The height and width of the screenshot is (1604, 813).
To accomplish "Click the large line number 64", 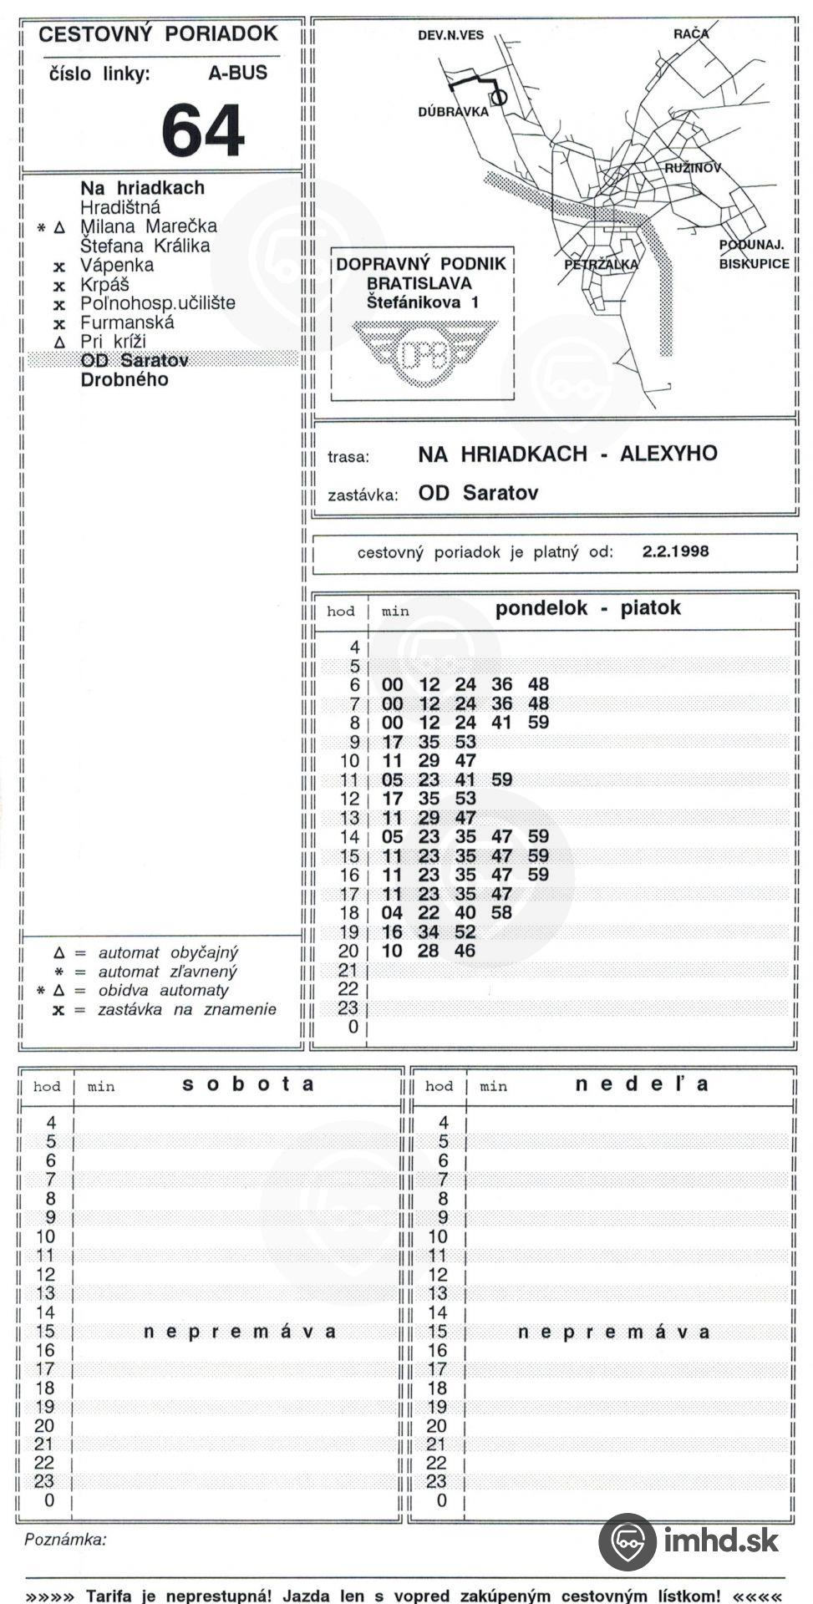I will pyautogui.click(x=202, y=130).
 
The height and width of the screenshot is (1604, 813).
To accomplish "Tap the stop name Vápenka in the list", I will pyautogui.click(x=116, y=265).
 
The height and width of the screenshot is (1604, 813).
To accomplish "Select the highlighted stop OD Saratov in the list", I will pyautogui.click(x=134, y=360).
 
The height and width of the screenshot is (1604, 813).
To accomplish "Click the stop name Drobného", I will pyautogui.click(x=124, y=379).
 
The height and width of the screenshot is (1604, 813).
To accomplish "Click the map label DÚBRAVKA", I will pyautogui.click(x=453, y=111).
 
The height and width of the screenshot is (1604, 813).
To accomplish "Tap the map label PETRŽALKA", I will pyautogui.click(x=600, y=264).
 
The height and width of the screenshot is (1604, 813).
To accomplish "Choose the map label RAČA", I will pyautogui.click(x=691, y=33).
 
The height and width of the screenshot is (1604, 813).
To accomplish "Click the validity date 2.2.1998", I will pyautogui.click(x=675, y=551).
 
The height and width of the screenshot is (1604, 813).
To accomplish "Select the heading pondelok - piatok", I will pyautogui.click(x=587, y=608).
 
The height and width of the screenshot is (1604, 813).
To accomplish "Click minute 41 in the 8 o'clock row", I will pyautogui.click(x=501, y=723).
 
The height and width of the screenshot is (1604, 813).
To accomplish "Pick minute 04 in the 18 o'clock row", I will pyautogui.click(x=392, y=913).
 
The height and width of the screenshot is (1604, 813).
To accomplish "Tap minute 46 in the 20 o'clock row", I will pyautogui.click(x=465, y=951).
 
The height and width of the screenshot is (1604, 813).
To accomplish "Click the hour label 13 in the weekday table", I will pyautogui.click(x=348, y=818).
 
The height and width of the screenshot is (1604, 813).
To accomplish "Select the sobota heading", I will pyautogui.click(x=248, y=1084).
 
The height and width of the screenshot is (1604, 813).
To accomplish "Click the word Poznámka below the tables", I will pyautogui.click(x=65, y=1540).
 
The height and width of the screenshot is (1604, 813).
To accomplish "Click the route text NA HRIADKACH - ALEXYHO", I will pyautogui.click(x=567, y=454).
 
